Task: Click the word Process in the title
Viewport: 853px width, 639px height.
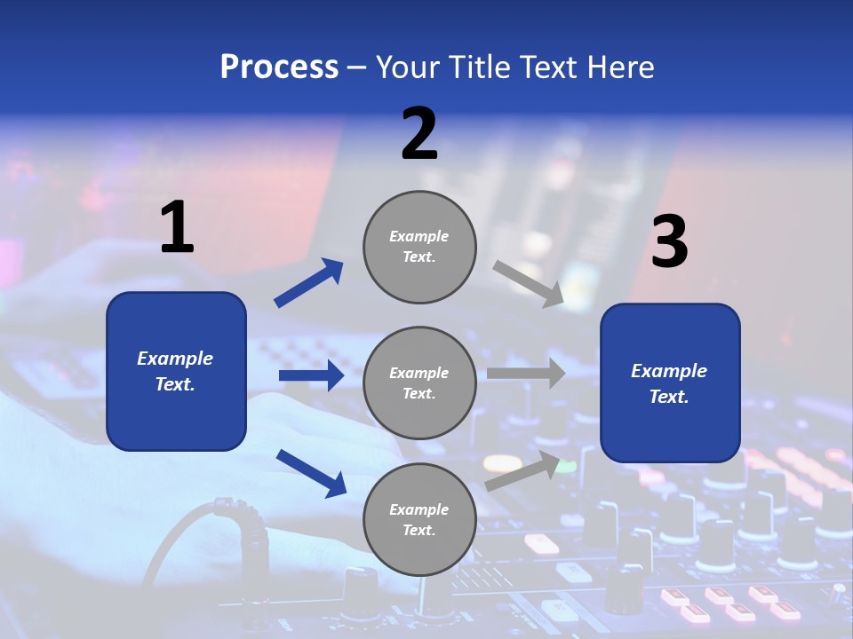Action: pyautogui.click(x=279, y=67)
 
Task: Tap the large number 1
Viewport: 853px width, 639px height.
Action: pyautogui.click(x=177, y=228)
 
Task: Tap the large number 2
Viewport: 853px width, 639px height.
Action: pyautogui.click(x=419, y=135)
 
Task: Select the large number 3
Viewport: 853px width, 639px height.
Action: pyautogui.click(x=669, y=242)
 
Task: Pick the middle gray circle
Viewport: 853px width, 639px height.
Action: pyautogui.click(x=419, y=383)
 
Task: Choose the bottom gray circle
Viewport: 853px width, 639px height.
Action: pyautogui.click(x=419, y=520)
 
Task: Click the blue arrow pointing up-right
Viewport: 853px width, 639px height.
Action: pyautogui.click(x=309, y=283)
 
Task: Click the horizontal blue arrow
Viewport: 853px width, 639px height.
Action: pyautogui.click(x=311, y=375)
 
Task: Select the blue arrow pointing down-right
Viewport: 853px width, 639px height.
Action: pyautogui.click(x=311, y=472)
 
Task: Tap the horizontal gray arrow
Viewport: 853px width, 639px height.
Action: pyautogui.click(x=526, y=374)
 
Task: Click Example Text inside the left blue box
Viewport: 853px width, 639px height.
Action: pyautogui.click(x=176, y=371)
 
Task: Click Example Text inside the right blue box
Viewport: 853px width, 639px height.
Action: pyautogui.click(x=669, y=383)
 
